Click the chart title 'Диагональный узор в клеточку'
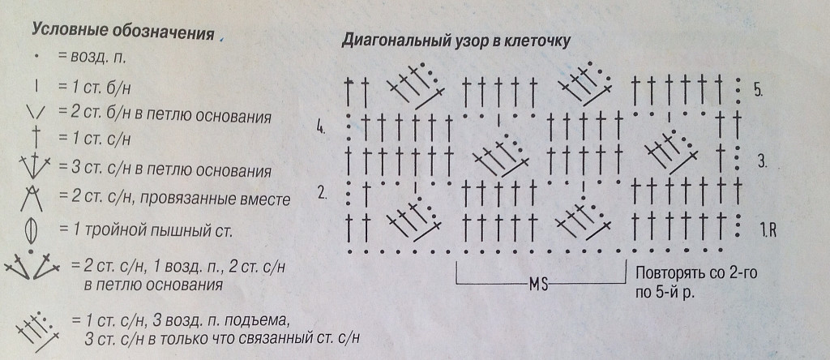pos(456,41)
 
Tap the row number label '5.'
pos(758,90)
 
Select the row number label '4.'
pos(321,128)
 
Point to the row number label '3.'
pos(762,161)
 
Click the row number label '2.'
pos(322,193)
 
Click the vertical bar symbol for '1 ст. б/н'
pos(36,86)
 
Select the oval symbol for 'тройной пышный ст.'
pos(32,231)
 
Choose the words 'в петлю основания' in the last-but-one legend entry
pos(153,285)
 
